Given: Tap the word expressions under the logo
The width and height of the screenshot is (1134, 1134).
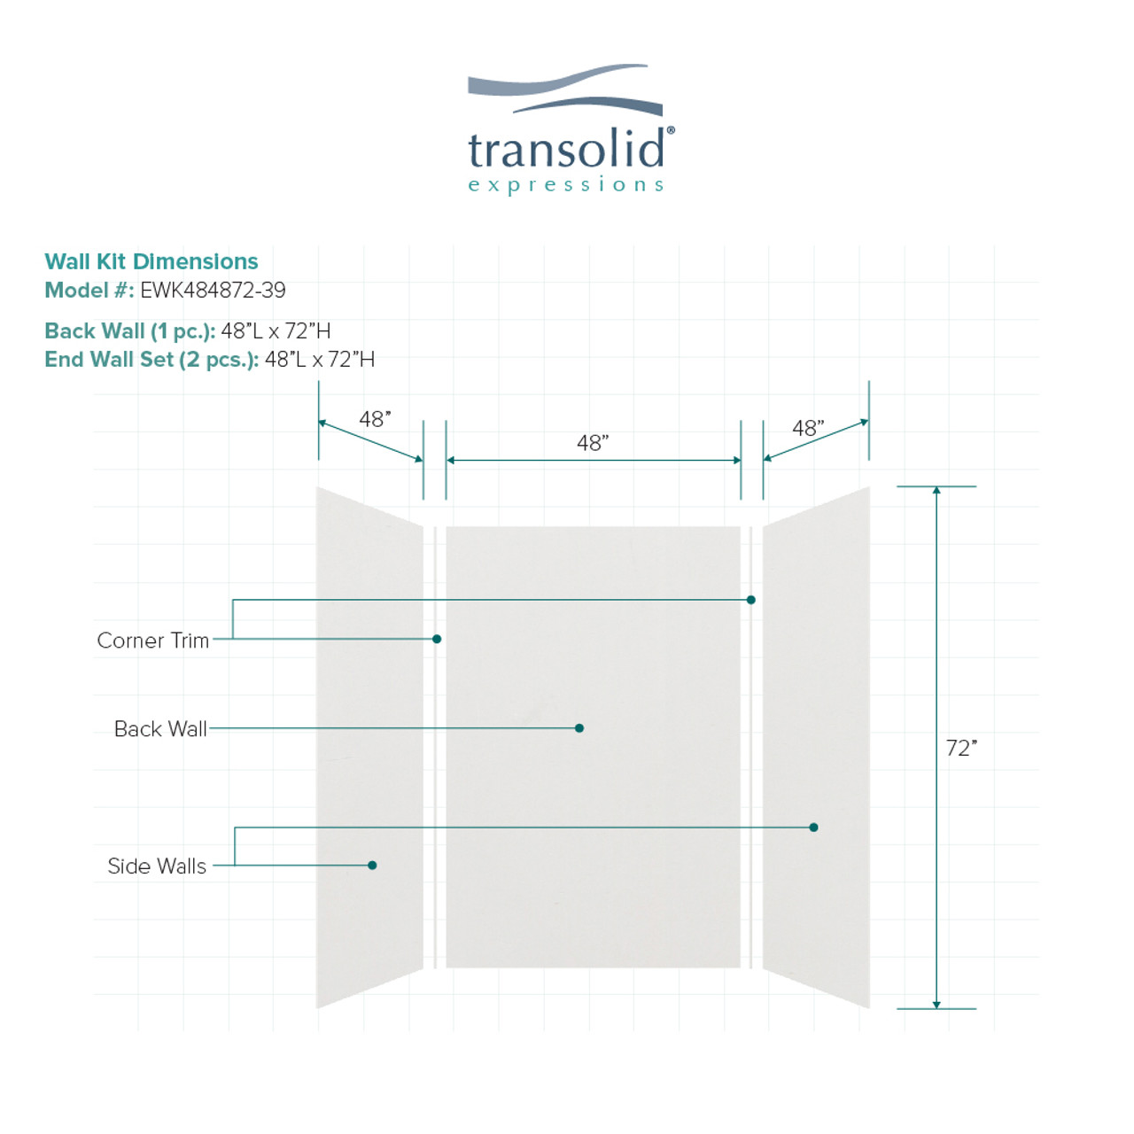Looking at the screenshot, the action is pyautogui.click(x=566, y=185).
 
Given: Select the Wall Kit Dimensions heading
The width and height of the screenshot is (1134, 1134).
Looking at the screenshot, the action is pyautogui.click(x=151, y=261).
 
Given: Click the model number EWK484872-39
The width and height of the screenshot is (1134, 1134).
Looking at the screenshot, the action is pyautogui.click(x=213, y=290).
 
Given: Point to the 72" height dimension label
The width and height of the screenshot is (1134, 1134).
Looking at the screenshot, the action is pyautogui.click(x=961, y=748).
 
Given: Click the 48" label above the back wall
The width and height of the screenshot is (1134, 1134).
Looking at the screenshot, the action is pyautogui.click(x=593, y=443).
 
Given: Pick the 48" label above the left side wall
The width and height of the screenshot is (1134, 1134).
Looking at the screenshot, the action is pyautogui.click(x=375, y=419).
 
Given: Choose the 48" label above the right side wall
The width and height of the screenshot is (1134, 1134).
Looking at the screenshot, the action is pyautogui.click(x=808, y=428).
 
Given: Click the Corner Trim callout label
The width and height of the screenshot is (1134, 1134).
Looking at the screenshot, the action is pyautogui.click(x=153, y=641).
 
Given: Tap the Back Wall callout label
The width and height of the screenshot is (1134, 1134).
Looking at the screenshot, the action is pyautogui.click(x=160, y=728).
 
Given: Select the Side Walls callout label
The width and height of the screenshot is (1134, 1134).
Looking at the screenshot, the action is pyautogui.click(x=157, y=866).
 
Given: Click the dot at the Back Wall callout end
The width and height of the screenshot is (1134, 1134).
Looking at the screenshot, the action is pyautogui.click(x=579, y=728).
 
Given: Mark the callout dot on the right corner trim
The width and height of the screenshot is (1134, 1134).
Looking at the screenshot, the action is pyautogui.click(x=751, y=600).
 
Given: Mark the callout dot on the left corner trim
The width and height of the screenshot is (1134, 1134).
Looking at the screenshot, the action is pyautogui.click(x=437, y=639).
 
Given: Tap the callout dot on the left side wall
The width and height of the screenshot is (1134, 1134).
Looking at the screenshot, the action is pyautogui.click(x=372, y=865).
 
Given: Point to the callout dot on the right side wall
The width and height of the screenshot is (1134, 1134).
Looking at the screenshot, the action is pyautogui.click(x=813, y=827).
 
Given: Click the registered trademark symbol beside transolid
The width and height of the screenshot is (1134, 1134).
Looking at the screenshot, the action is pyautogui.click(x=671, y=130).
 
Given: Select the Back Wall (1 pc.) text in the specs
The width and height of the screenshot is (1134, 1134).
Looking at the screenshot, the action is pyautogui.click(x=130, y=330).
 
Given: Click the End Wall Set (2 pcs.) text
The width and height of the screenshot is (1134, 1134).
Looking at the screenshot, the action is pyautogui.click(x=151, y=360).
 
